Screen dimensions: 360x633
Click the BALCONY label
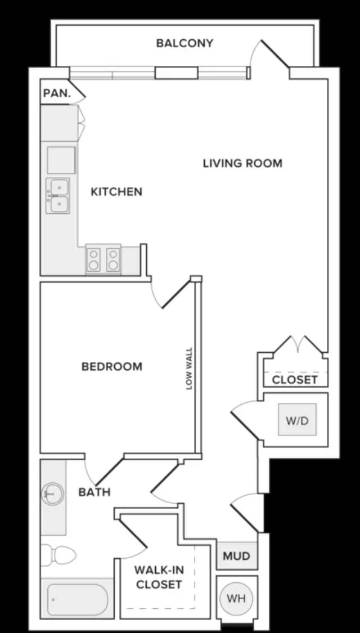point(184,43)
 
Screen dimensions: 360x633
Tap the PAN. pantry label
point(57,93)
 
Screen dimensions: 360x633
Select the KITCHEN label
point(116,191)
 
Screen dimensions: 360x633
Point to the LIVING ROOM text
point(242,164)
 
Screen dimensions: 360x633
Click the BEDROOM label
point(112,366)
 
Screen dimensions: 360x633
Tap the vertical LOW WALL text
point(189,369)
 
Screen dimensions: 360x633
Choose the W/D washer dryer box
point(297,419)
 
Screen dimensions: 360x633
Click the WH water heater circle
point(236,598)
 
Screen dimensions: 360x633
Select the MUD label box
point(236,556)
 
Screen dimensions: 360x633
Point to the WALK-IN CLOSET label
point(159,577)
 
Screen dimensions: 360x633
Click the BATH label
point(94,492)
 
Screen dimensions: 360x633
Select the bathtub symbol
point(77,599)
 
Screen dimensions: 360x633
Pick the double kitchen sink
point(57,196)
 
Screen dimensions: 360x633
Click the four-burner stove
point(103,259)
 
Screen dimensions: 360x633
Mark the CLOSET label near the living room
point(295,380)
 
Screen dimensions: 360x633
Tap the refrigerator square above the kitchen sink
point(61,160)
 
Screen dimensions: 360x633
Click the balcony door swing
point(269,54)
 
